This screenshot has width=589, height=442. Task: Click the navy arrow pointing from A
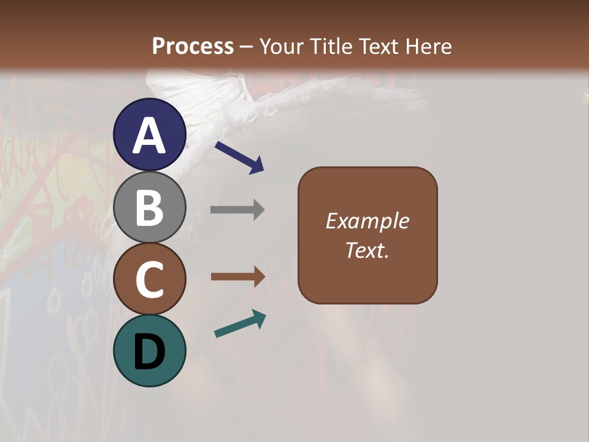point(239,157)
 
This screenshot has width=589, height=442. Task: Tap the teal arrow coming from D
point(240,324)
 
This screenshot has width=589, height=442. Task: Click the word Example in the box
point(368,221)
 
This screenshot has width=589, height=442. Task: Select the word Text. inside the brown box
point(368,250)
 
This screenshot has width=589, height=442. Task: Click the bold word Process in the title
point(193,46)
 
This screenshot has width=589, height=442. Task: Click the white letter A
point(150,136)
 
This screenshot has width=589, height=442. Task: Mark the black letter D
point(150,352)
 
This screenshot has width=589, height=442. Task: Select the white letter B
point(150,207)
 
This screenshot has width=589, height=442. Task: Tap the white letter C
point(150,280)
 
